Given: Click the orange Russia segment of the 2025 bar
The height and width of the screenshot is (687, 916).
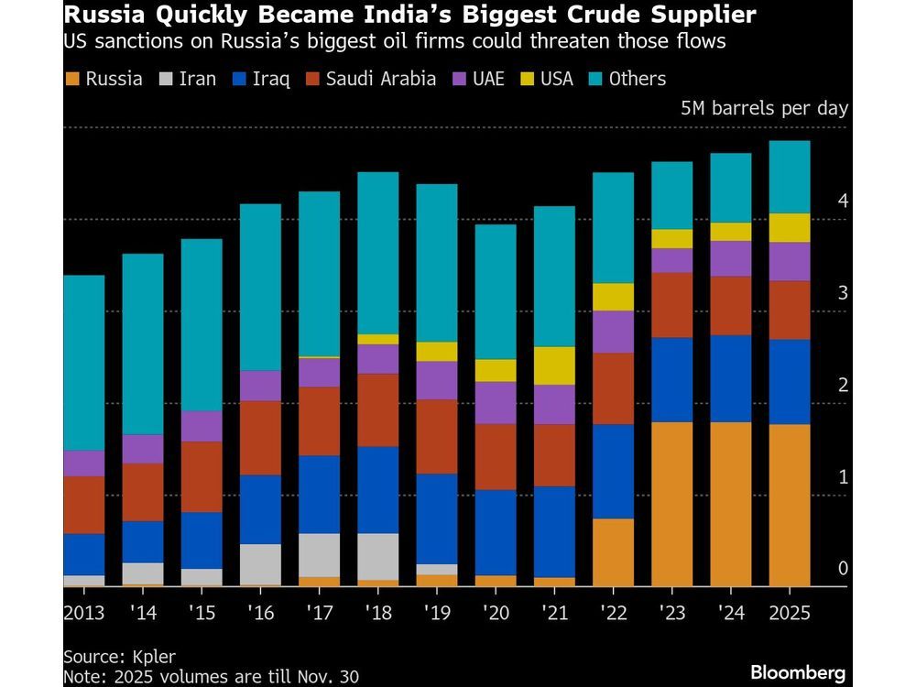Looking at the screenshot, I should pos(790,505).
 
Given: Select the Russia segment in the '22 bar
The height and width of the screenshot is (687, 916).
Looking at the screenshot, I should pos(613,552).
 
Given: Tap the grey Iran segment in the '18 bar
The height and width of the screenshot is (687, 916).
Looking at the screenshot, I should pos(377,556).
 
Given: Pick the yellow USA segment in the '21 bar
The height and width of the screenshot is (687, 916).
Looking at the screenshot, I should pos(553,365).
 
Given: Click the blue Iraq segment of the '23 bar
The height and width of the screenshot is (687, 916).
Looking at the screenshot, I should pos(671,380).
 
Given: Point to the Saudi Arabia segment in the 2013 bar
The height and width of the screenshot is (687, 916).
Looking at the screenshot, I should pos(83,505).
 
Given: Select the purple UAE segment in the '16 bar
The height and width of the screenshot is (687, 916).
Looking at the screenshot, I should pos(260,386).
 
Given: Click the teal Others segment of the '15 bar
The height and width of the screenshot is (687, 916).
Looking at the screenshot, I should pos(201,324).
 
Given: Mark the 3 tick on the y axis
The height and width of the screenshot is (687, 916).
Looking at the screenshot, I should pos(843,293).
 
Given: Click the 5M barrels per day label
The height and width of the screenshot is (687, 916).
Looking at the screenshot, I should pos(764,108).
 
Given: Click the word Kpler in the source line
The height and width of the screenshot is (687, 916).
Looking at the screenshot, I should pos(153,657).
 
